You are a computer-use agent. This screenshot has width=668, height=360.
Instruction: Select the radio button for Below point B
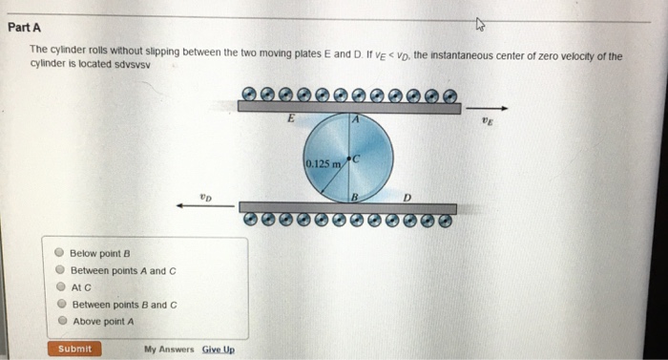coord(59,253)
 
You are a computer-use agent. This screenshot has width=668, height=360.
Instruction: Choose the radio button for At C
coord(59,286)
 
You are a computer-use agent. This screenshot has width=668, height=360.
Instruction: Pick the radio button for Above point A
coord(59,322)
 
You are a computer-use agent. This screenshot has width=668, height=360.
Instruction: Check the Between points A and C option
coord(59,270)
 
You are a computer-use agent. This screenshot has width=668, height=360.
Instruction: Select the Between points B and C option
coord(59,305)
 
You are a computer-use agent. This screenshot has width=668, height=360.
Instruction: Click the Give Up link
coord(218,349)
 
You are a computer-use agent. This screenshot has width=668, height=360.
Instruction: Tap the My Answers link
coord(169,349)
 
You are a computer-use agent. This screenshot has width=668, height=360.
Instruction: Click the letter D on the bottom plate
coord(407,197)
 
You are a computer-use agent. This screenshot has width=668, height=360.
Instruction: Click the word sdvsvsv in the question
coord(135,68)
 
